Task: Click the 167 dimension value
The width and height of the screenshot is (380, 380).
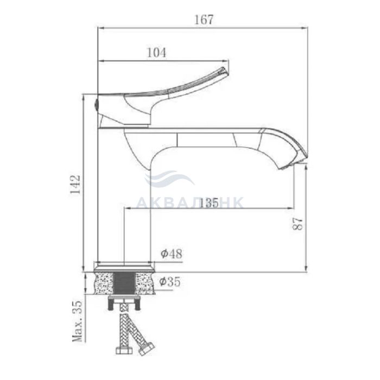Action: pos(204,20)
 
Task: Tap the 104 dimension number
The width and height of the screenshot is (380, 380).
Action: pos(157,53)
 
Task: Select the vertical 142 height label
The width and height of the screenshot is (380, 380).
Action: pos(75,184)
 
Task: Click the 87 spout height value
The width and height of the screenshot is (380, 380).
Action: pos(298,224)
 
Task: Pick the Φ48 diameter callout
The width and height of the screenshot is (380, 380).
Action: pos(172,254)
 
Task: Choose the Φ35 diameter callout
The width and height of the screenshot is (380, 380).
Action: pos(170,282)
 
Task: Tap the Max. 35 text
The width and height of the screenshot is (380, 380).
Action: pos(78,321)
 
